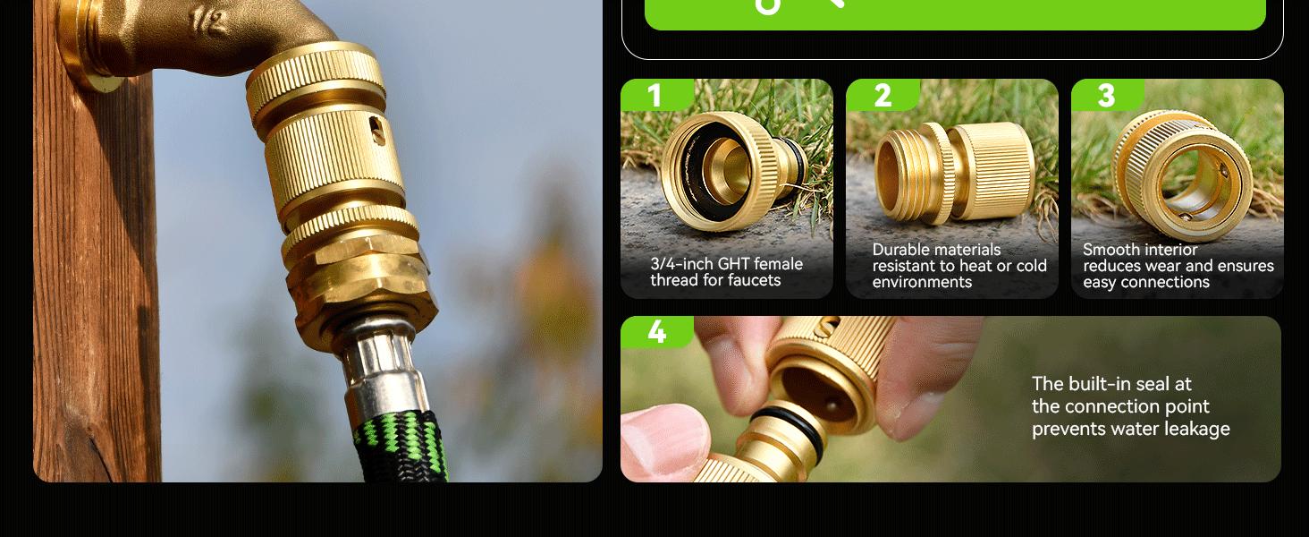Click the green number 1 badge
tap(655, 95)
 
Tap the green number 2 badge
tap(882, 95)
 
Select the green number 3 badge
tap(1106, 95)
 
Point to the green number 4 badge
tap(656, 332)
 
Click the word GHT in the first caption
tap(736, 264)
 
